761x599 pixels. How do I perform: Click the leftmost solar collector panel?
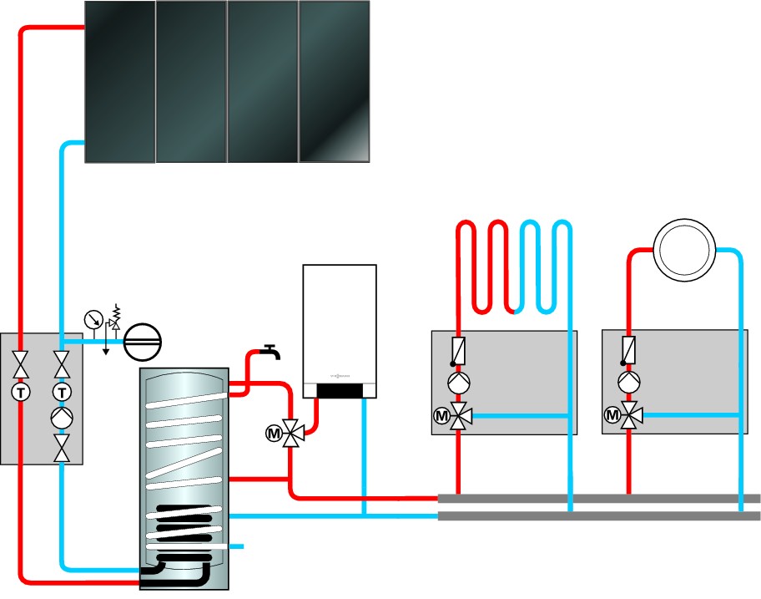tap(120, 81)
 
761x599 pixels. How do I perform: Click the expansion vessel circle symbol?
tap(142, 342)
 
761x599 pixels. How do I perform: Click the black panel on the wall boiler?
tap(339, 390)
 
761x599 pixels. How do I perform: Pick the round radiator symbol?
tap(683, 249)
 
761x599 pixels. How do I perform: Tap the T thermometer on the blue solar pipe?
tap(61, 392)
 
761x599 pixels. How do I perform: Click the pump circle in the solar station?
tap(61, 418)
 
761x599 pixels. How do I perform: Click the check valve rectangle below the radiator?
tap(627, 348)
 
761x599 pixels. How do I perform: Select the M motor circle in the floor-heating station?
tap(440, 413)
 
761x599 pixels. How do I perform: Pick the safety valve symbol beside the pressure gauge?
tap(114, 319)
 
